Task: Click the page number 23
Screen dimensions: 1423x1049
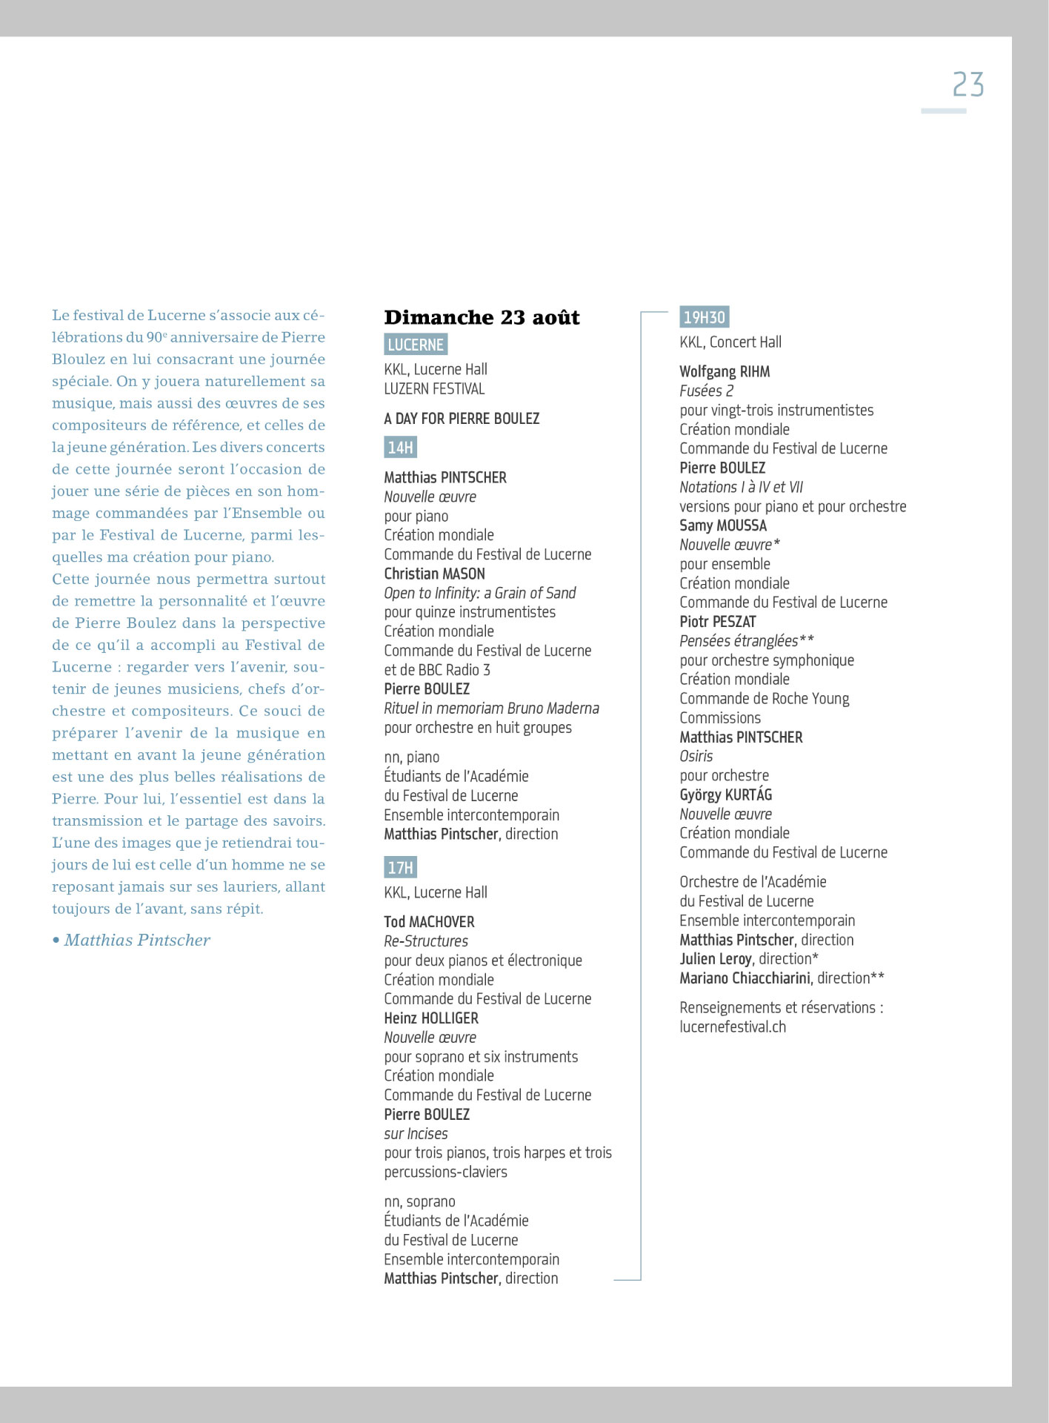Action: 968,85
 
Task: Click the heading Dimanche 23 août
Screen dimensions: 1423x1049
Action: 482,317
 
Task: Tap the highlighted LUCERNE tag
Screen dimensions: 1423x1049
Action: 416,345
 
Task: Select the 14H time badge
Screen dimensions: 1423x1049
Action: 400,448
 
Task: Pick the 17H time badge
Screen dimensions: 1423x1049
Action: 400,867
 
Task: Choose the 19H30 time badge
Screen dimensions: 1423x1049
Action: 704,317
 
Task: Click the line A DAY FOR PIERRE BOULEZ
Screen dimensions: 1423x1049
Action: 462,419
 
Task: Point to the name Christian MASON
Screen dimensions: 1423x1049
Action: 434,574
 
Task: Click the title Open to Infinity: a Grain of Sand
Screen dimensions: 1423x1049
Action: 479,593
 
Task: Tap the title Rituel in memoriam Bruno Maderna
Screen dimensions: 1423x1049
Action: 491,709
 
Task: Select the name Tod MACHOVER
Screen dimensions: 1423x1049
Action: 429,922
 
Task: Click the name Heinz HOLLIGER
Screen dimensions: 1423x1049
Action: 431,1018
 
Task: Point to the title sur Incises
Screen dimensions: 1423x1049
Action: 416,1134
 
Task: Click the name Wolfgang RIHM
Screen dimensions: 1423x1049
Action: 725,372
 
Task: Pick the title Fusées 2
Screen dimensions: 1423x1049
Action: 706,391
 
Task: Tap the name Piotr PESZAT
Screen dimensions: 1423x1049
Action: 717,622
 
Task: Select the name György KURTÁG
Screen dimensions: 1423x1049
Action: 725,795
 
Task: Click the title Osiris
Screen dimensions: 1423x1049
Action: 696,757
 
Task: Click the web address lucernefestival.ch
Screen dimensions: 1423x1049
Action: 733,1027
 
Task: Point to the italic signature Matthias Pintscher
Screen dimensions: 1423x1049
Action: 137,941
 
